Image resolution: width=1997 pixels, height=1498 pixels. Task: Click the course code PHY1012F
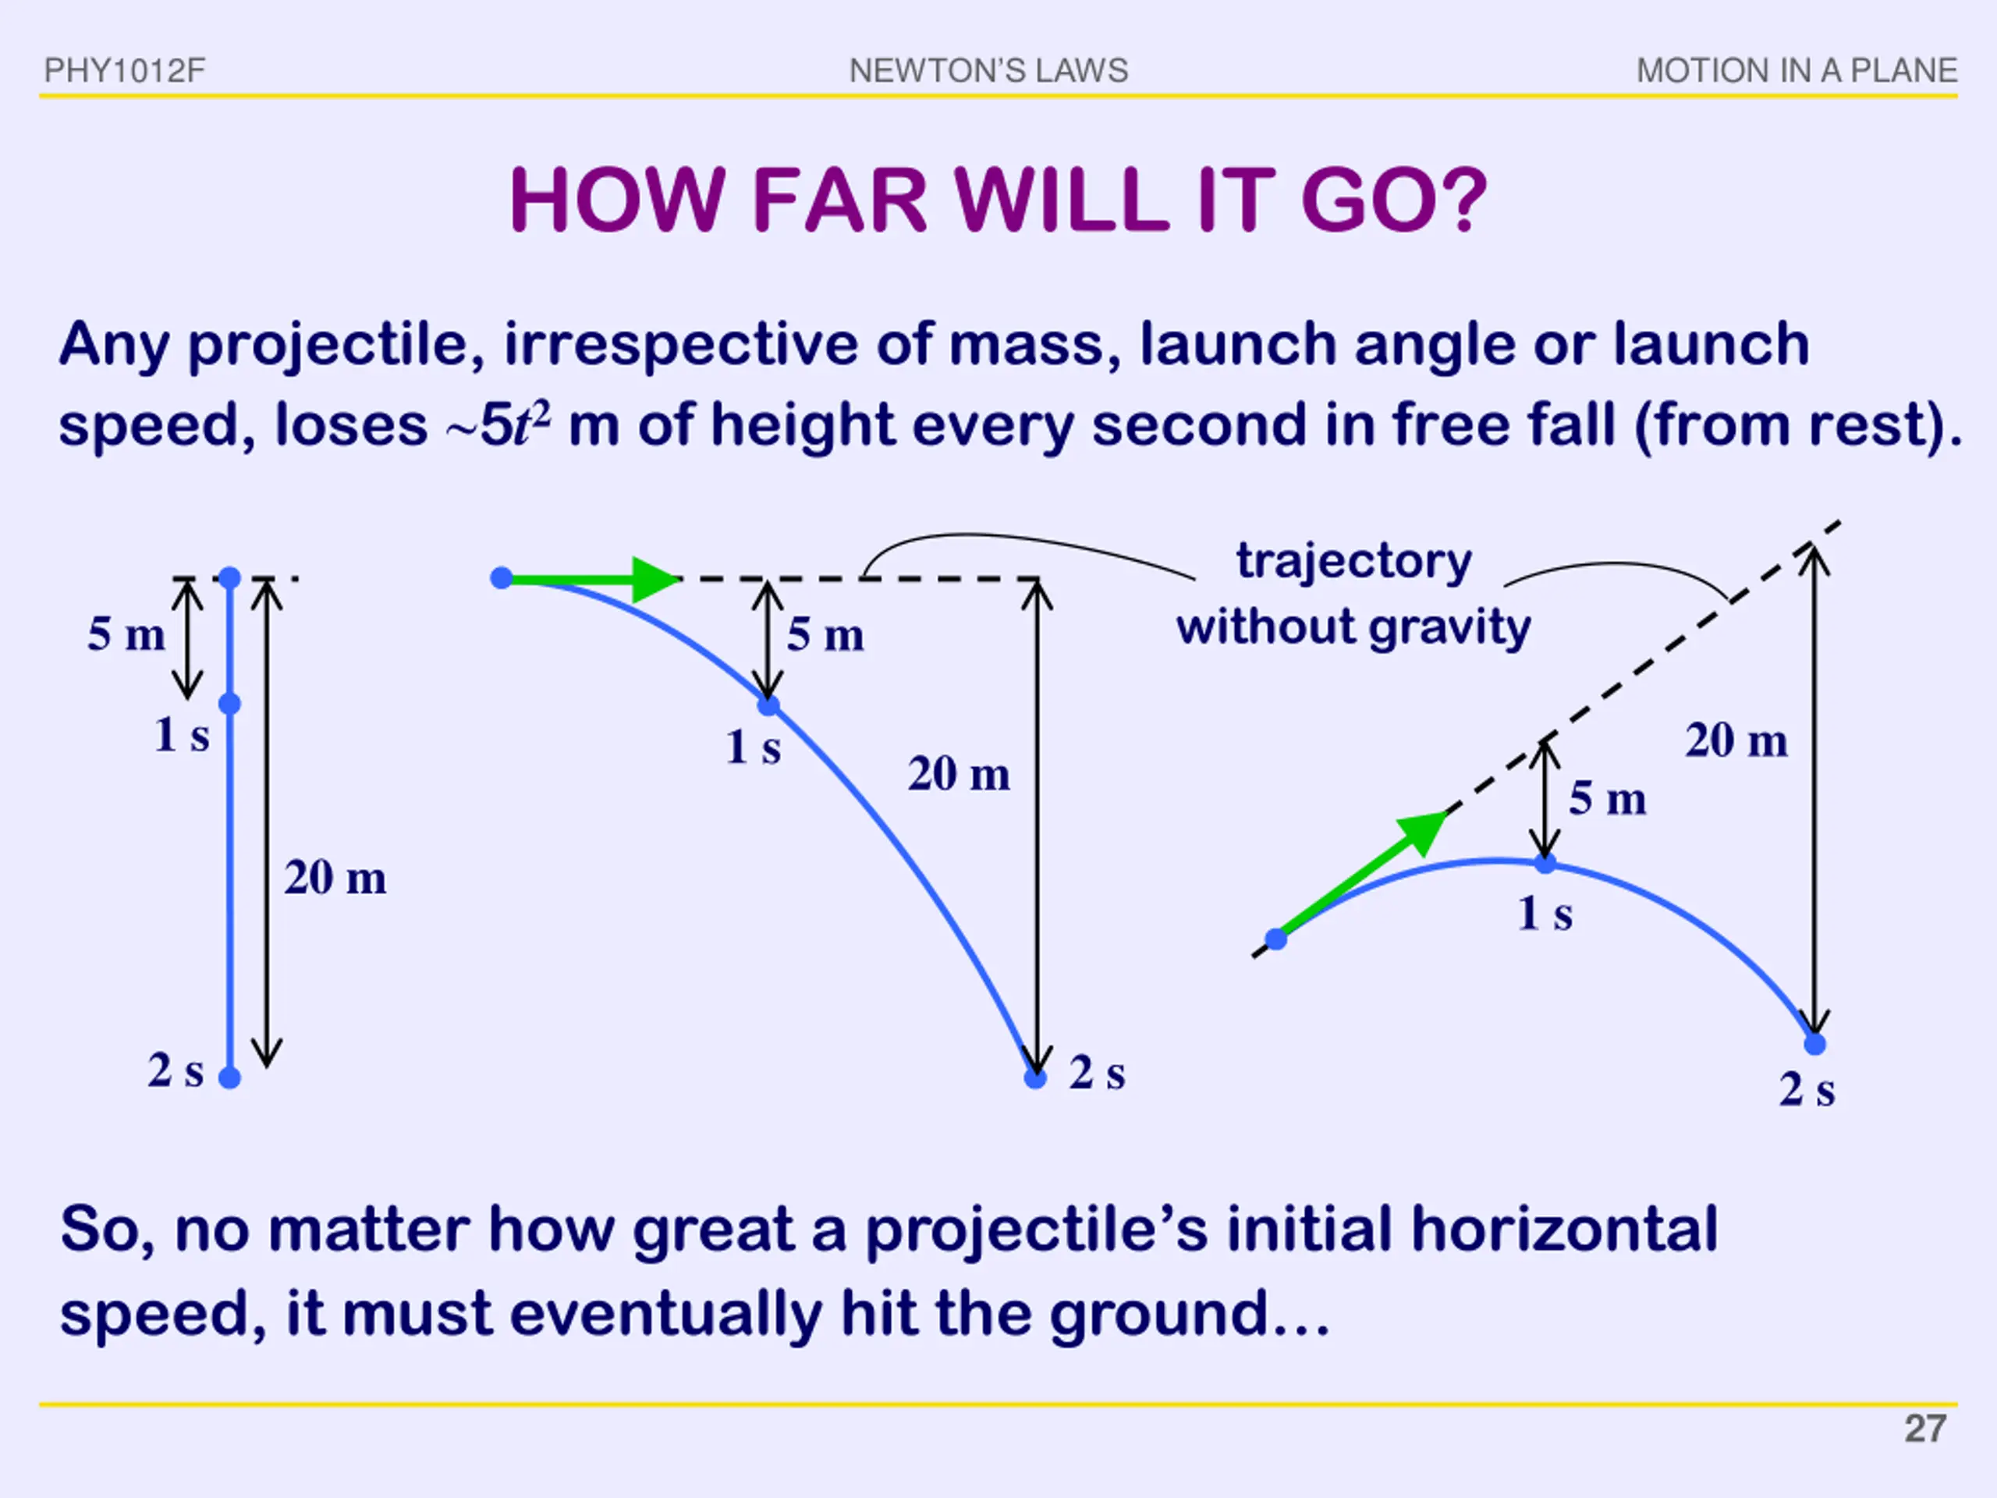[125, 70]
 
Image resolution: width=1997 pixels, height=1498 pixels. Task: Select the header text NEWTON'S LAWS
[988, 70]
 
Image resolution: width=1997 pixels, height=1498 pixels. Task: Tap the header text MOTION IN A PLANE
[1797, 70]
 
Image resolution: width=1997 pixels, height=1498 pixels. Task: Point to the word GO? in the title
[1393, 201]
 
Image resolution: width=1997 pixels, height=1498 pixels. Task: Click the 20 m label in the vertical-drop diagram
[335, 878]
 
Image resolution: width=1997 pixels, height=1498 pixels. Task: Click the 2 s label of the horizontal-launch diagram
[1097, 1074]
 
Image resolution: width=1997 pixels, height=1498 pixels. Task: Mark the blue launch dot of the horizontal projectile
[502, 579]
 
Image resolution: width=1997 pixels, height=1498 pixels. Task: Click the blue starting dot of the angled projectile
[1275, 939]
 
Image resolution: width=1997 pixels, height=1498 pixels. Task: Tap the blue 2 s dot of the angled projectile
[1814, 1045]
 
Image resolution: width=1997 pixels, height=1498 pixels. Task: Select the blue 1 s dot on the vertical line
[230, 704]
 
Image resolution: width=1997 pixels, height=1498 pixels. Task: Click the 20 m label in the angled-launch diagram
[1736, 741]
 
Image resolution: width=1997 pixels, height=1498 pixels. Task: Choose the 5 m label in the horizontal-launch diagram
[825, 635]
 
